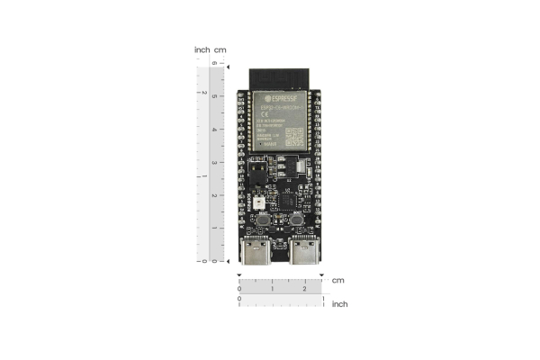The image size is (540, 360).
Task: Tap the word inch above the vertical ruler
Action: coord(202,49)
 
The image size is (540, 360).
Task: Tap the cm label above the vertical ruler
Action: coord(220,49)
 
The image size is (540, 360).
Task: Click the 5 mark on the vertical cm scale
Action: coord(214,96)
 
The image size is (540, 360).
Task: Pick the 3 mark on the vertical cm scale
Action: coord(214,162)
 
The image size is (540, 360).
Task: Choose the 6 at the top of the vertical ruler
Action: coord(214,64)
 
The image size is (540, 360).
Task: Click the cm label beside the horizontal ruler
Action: coord(337,280)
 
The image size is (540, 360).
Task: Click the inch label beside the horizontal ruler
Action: coord(339,304)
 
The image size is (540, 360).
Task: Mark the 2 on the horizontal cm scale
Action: coord(305,288)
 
